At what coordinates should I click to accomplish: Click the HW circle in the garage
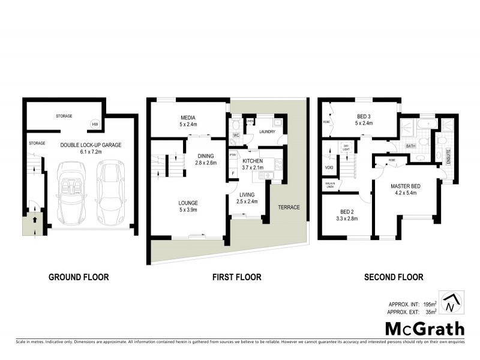coord(95,124)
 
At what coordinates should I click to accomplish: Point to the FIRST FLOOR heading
coord(237,277)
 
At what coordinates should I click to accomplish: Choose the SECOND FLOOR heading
coord(393,277)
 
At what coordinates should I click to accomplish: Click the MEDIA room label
coord(189,118)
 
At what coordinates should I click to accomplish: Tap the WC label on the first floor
coord(236,136)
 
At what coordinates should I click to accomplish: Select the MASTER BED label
coord(405,186)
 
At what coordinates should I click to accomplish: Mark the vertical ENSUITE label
coord(448,156)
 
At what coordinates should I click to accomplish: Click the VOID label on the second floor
coord(329,167)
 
